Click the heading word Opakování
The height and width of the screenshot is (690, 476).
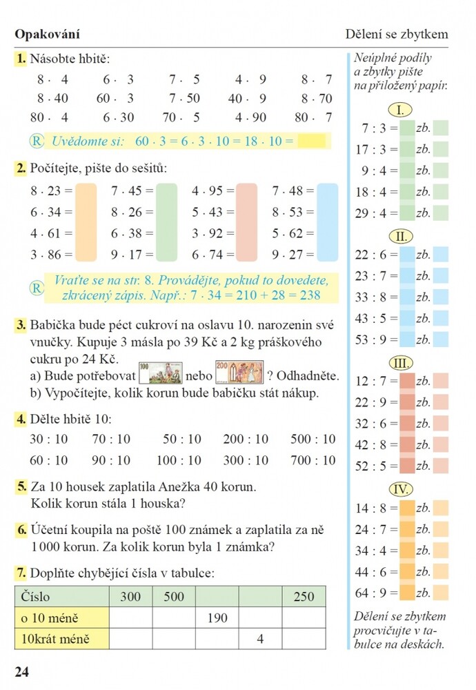click(48, 34)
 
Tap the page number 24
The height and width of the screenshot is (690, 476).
click(22, 671)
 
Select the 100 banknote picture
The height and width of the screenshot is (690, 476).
click(161, 373)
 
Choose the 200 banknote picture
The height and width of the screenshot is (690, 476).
click(239, 372)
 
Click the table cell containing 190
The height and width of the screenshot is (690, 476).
click(217, 618)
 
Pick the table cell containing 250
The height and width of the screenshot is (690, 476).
click(304, 596)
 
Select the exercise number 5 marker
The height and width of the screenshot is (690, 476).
click(21, 486)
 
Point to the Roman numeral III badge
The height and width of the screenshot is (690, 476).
click(401, 363)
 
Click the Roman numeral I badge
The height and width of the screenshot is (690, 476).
click(400, 110)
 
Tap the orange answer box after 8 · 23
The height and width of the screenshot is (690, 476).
click(86, 222)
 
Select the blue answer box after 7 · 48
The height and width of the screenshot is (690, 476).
click(327, 222)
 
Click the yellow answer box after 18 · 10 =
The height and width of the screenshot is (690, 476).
click(312, 141)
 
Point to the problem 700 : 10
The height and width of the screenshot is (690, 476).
click(313, 460)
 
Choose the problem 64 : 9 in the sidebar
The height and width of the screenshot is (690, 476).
click(371, 593)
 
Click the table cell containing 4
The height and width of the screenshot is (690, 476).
click(261, 638)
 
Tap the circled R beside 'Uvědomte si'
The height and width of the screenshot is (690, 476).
click(37, 141)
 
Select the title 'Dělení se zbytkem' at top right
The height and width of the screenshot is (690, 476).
click(397, 34)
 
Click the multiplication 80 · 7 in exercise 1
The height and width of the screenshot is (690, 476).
click(313, 117)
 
